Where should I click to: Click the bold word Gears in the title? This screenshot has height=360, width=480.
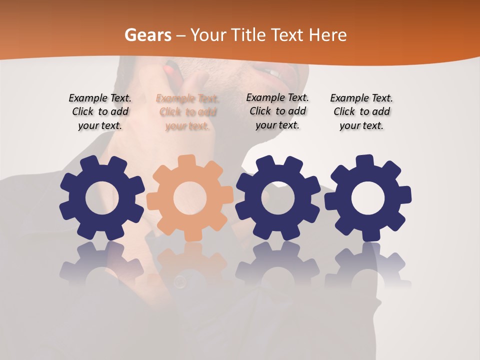coord(147,35)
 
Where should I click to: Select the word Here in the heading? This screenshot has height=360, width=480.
coord(327,35)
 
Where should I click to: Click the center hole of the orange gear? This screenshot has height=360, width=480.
coord(190,198)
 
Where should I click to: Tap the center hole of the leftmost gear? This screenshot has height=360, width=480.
coord(102,198)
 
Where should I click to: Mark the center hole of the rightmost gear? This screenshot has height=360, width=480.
coord(368,198)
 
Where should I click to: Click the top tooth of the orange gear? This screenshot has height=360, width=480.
coord(186,161)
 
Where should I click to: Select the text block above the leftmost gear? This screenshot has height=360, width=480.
coord(100,111)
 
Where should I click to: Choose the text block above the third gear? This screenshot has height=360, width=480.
coord(277,111)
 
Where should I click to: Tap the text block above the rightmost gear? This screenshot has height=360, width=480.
coord(361,112)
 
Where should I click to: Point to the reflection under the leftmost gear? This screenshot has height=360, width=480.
coord(102,265)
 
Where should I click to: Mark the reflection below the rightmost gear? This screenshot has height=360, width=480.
coord(368,265)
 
